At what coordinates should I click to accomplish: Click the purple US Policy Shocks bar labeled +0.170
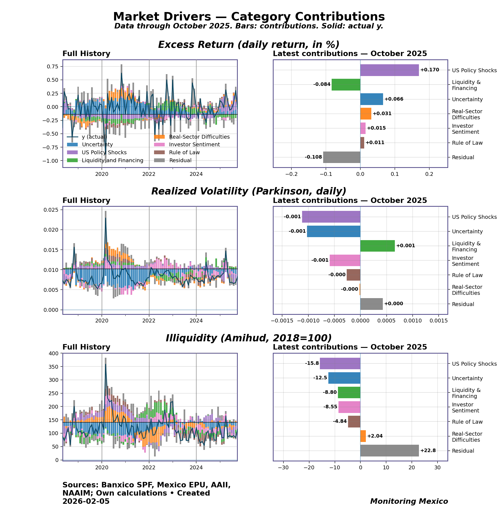[389, 70]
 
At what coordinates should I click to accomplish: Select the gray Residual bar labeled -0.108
[341, 157]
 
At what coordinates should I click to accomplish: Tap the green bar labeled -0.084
[346, 85]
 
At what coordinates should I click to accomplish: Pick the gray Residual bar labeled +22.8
[389, 450]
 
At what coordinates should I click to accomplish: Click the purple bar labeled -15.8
[340, 363]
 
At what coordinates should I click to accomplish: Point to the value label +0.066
[394, 99]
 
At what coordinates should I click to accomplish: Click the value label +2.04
[375, 436]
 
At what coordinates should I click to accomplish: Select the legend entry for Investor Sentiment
[194, 144]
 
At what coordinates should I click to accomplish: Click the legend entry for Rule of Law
[184, 152]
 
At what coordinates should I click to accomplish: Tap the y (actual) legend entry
[94, 137]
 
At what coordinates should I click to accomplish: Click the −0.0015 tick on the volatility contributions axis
[282, 321]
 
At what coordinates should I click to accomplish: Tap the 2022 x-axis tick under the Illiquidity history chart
[149, 467]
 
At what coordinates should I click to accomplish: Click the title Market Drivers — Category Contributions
[249, 17]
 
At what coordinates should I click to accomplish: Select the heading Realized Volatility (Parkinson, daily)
[249, 191]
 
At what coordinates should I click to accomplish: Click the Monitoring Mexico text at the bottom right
[409, 501]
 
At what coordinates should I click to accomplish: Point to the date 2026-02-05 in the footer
[86, 501]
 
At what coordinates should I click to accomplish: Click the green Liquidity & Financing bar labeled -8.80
[349, 392]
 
